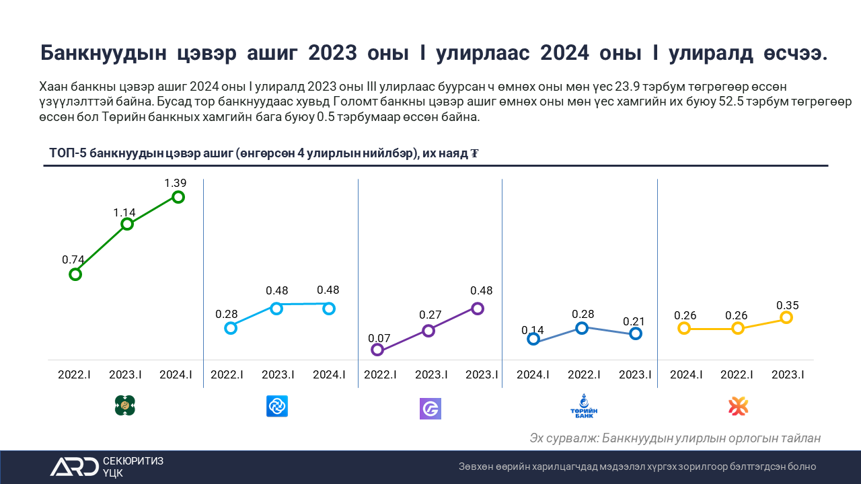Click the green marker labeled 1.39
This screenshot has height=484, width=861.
click(x=178, y=197)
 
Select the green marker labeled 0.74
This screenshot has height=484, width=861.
click(x=75, y=274)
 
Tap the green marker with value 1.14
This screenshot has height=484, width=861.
click(x=126, y=224)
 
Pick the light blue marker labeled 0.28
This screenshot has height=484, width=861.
click(x=231, y=328)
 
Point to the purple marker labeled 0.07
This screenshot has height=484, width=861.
click(x=377, y=350)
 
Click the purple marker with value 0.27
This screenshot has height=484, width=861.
click(x=428, y=330)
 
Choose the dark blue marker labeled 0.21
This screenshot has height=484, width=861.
click(x=636, y=333)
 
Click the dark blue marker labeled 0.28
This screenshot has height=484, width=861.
click(x=582, y=328)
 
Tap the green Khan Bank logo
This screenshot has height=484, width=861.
click(x=126, y=405)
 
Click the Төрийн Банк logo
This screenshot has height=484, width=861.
click(x=583, y=407)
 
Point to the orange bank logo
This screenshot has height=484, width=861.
click(x=738, y=406)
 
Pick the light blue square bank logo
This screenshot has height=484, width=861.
click(x=277, y=406)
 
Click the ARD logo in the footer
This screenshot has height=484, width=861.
click(x=74, y=467)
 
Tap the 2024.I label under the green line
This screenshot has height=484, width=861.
click(x=176, y=375)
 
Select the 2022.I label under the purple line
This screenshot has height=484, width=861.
click(x=380, y=375)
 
